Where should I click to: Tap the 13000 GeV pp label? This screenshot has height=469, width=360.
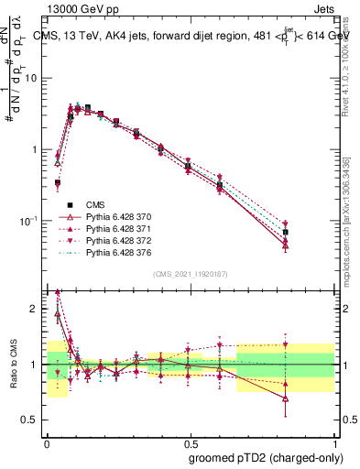73,9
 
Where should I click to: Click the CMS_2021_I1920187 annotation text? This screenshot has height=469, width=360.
190,274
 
